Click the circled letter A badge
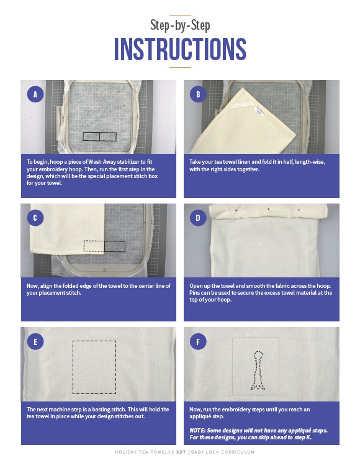click(35, 94)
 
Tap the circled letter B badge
click(198, 94)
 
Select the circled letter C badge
click(35, 218)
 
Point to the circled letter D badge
click(198, 218)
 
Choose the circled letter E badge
click(35, 341)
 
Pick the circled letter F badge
click(198, 341)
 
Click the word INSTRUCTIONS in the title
click(180, 49)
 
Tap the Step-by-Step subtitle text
click(180, 25)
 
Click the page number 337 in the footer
click(181, 452)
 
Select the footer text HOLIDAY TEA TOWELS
click(143, 452)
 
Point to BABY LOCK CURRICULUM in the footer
click(223, 452)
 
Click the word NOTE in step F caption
click(197, 431)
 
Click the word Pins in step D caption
click(194, 293)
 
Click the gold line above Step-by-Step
click(180, 16)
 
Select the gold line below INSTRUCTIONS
click(180, 67)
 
